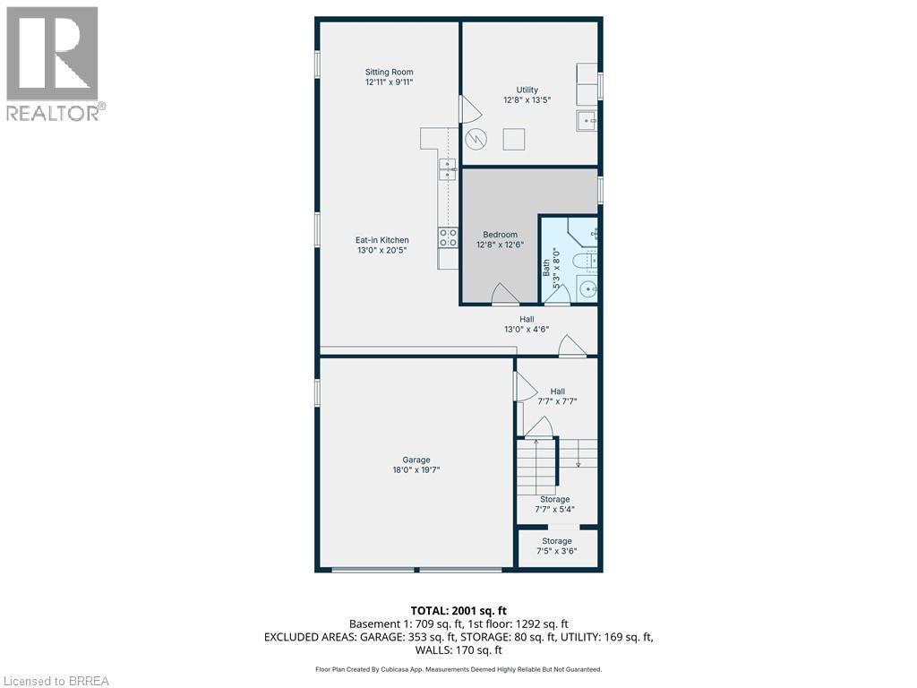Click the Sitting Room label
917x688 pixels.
point(389,73)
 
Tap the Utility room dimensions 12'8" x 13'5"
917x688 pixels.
point(527,100)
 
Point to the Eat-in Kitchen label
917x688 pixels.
point(381,240)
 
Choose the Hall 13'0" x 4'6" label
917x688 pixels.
point(527,324)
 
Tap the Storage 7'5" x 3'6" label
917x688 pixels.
point(556,546)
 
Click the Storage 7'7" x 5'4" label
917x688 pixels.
point(554,503)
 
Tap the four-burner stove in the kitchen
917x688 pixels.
point(447,237)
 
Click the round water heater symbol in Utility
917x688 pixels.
point(476,139)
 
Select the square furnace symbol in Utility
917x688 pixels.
point(513,139)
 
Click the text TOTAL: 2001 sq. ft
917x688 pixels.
point(458,610)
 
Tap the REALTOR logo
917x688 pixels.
point(53,64)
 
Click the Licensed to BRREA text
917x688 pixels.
point(56,681)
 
